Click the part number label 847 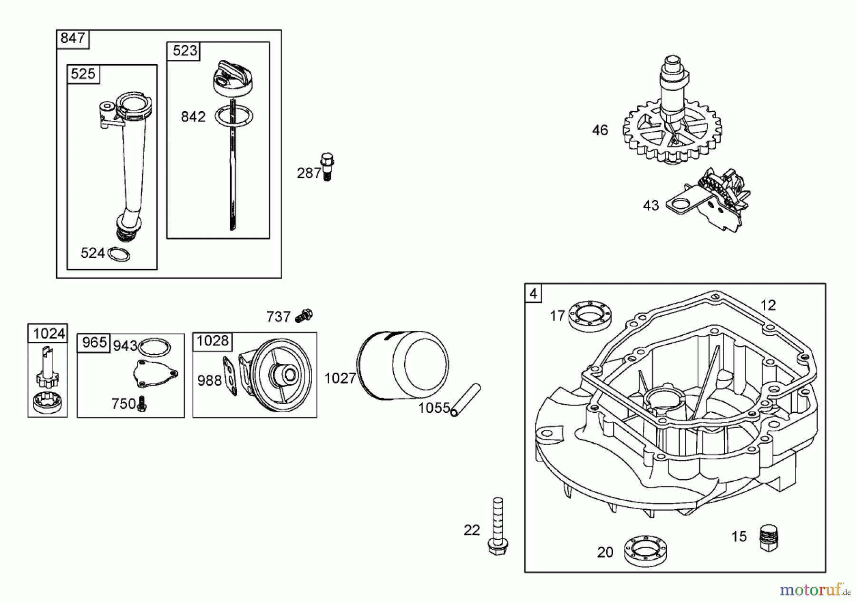coord(73,38)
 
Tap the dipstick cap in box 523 coord(232,78)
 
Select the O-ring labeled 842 coord(233,117)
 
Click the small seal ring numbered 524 coord(119,254)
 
